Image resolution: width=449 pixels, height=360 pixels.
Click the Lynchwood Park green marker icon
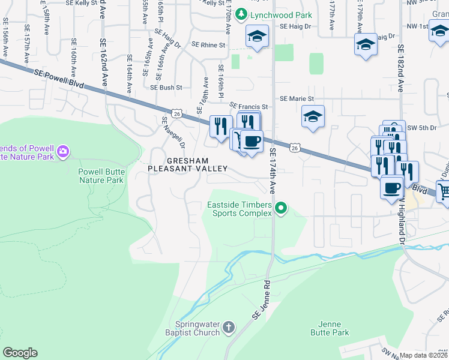241,13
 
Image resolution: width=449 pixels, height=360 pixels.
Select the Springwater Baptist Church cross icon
228,327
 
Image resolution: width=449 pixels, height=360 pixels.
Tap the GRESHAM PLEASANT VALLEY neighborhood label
188,165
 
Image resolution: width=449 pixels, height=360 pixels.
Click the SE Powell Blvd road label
57,77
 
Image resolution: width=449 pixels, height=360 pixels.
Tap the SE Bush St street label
166,88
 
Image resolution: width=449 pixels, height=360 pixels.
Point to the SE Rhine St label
208,45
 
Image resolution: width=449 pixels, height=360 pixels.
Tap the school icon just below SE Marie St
313,118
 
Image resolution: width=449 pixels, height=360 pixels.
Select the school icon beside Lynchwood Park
256,37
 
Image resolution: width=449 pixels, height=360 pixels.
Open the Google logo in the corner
20,353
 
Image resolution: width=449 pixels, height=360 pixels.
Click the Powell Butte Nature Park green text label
101,175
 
